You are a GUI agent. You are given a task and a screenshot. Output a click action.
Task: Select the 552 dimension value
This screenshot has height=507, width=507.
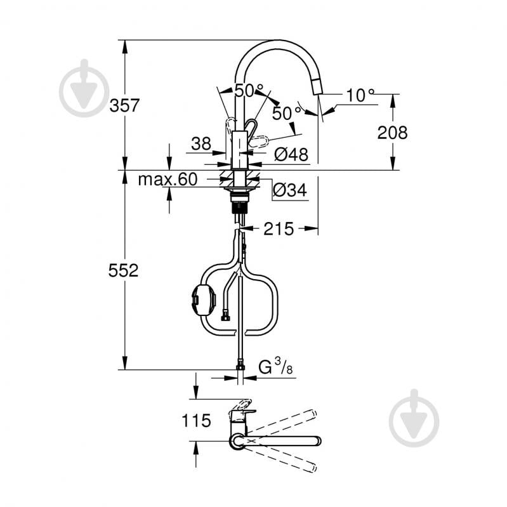122,271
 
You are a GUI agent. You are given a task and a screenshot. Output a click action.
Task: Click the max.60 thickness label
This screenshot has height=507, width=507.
168,180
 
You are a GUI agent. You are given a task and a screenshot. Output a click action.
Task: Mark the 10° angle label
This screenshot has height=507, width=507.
360,95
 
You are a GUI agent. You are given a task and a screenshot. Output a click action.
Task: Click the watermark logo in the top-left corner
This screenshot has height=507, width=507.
84,88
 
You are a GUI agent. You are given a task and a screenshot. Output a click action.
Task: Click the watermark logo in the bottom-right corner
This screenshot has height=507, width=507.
414,418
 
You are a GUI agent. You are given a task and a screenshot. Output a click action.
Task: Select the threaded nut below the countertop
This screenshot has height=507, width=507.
239,205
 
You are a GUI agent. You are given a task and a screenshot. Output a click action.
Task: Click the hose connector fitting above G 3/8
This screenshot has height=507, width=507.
240,366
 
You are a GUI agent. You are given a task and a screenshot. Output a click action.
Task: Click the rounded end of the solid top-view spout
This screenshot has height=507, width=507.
317,440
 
